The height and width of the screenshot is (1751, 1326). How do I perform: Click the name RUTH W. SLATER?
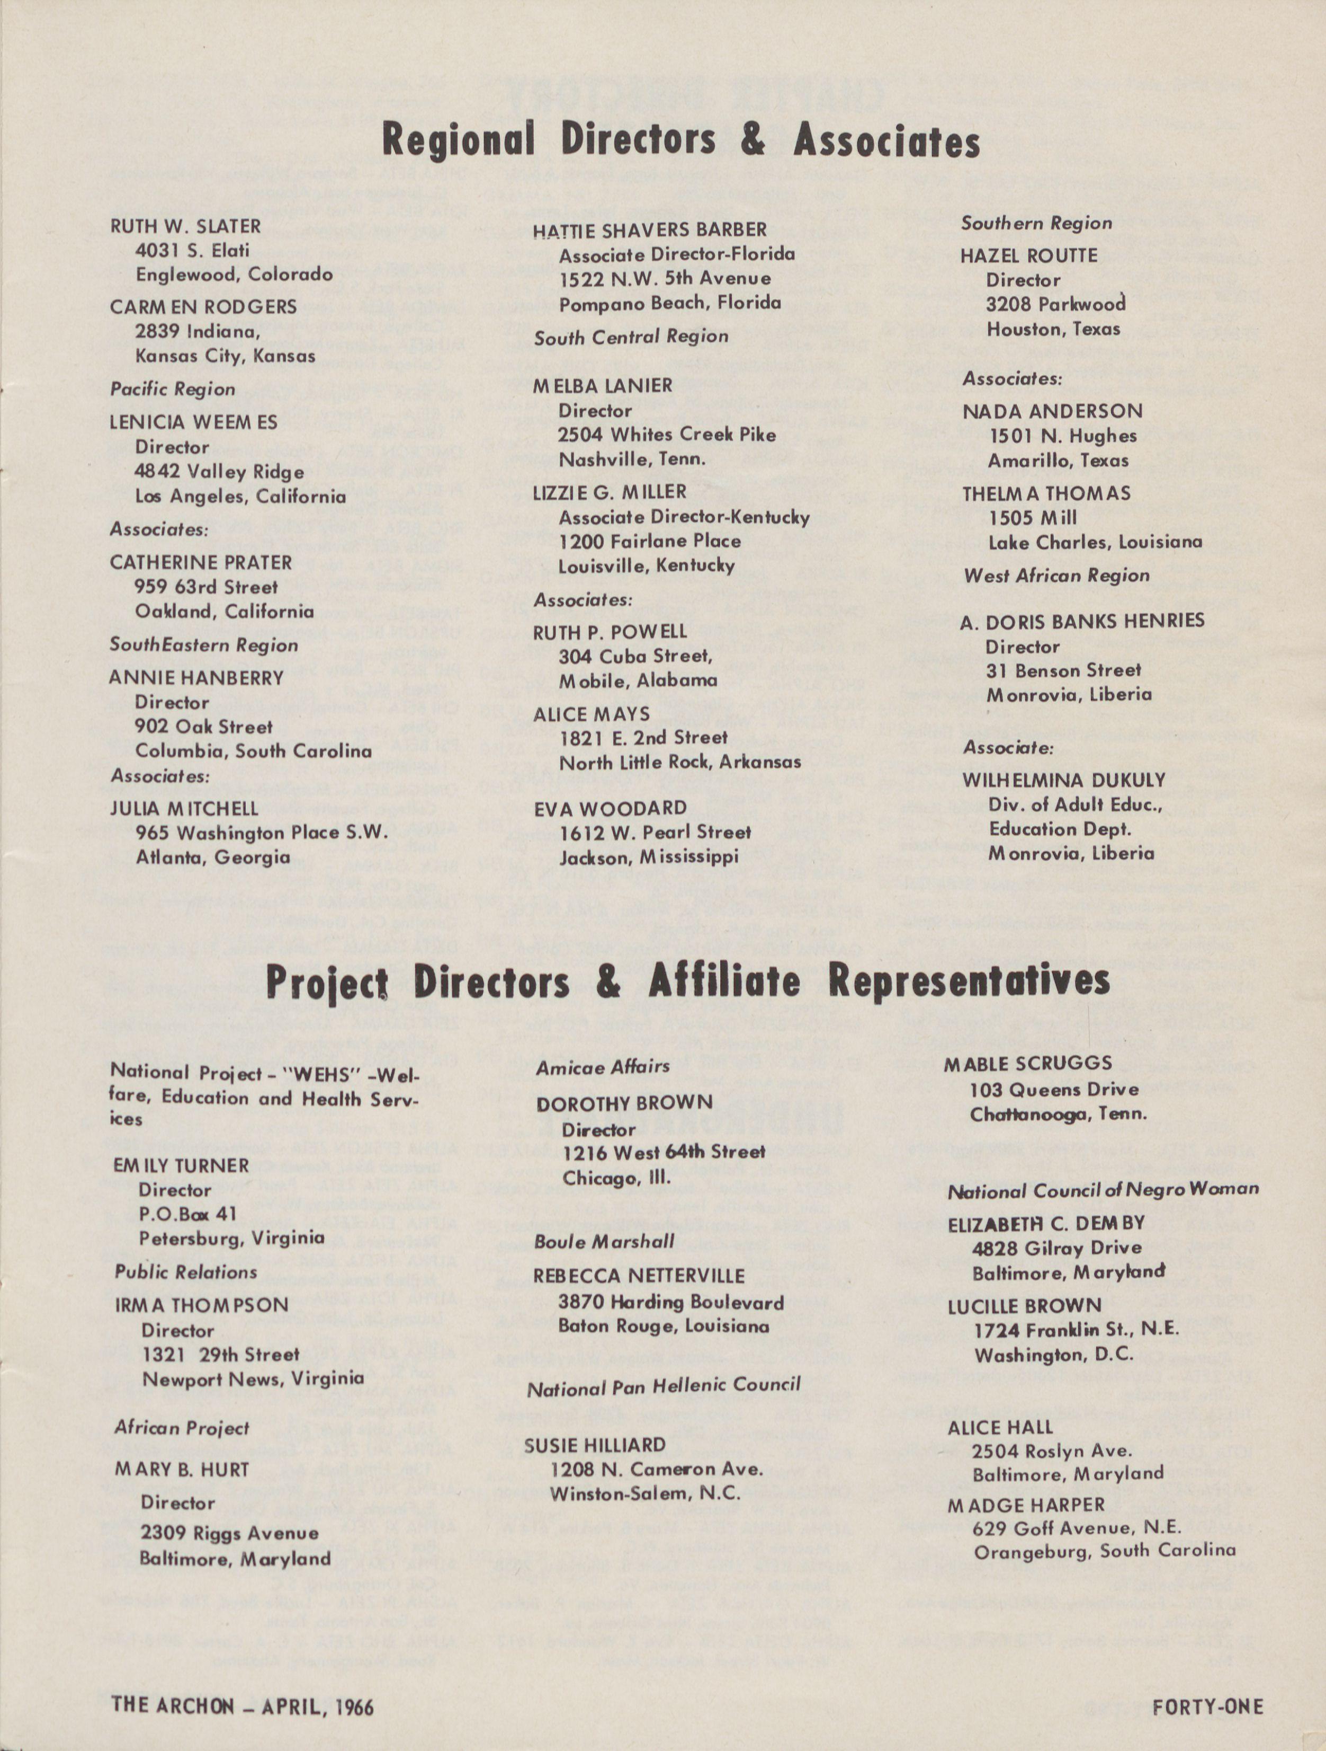185,226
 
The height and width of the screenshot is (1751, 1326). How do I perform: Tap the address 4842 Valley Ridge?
219,472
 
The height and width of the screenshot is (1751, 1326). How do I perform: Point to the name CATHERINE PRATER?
201,563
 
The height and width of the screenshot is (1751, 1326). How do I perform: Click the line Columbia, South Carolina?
253,750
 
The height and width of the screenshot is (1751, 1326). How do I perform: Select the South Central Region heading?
631,337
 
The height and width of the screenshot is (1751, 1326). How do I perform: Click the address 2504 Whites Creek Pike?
667,435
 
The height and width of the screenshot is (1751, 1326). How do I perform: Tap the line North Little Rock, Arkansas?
679,762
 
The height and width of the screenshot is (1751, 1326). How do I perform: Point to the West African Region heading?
1056,576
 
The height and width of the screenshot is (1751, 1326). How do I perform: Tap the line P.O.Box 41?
187,1214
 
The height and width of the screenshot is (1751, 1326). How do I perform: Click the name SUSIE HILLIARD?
595,1445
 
